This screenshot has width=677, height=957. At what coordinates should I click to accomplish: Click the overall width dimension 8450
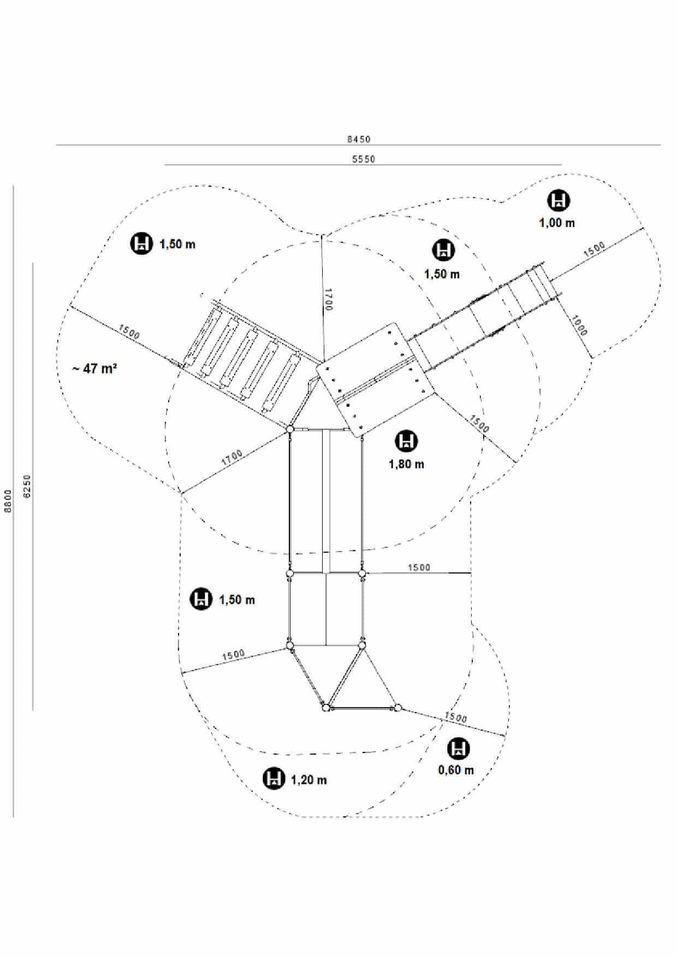tap(359, 139)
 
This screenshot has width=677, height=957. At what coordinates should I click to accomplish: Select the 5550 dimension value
tap(364, 159)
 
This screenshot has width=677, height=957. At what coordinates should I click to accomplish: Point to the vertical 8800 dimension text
tap(8, 500)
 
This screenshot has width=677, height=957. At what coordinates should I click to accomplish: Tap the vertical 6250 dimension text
tap(27, 486)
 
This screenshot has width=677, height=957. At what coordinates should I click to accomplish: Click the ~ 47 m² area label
tap(94, 368)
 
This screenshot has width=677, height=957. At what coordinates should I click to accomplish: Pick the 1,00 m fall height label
tap(557, 223)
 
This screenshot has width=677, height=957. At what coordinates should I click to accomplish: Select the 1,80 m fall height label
tap(406, 464)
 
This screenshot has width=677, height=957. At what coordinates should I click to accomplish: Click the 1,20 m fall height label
tap(309, 780)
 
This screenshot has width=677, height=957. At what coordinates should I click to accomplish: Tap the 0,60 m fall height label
tap(456, 770)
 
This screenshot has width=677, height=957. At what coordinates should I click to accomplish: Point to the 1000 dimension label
tap(579, 325)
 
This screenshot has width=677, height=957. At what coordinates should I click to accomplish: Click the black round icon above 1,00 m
tap(558, 200)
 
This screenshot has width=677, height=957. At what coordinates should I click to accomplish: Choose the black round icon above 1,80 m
tap(406, 441)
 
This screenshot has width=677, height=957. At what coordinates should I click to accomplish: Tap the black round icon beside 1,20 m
tap(274, 778)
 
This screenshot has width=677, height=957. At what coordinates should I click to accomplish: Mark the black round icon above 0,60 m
tap(458, 749)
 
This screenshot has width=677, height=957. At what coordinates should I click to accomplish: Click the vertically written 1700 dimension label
tap(328, 300)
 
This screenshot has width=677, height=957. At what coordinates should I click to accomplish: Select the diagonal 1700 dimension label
tap(232, 458)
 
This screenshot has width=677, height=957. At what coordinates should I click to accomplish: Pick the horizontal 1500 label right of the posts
tap(419, 567)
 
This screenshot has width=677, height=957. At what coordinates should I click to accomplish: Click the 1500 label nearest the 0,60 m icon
tap(455, 717)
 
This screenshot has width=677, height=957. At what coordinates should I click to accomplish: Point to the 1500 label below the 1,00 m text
tap(594, 249)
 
